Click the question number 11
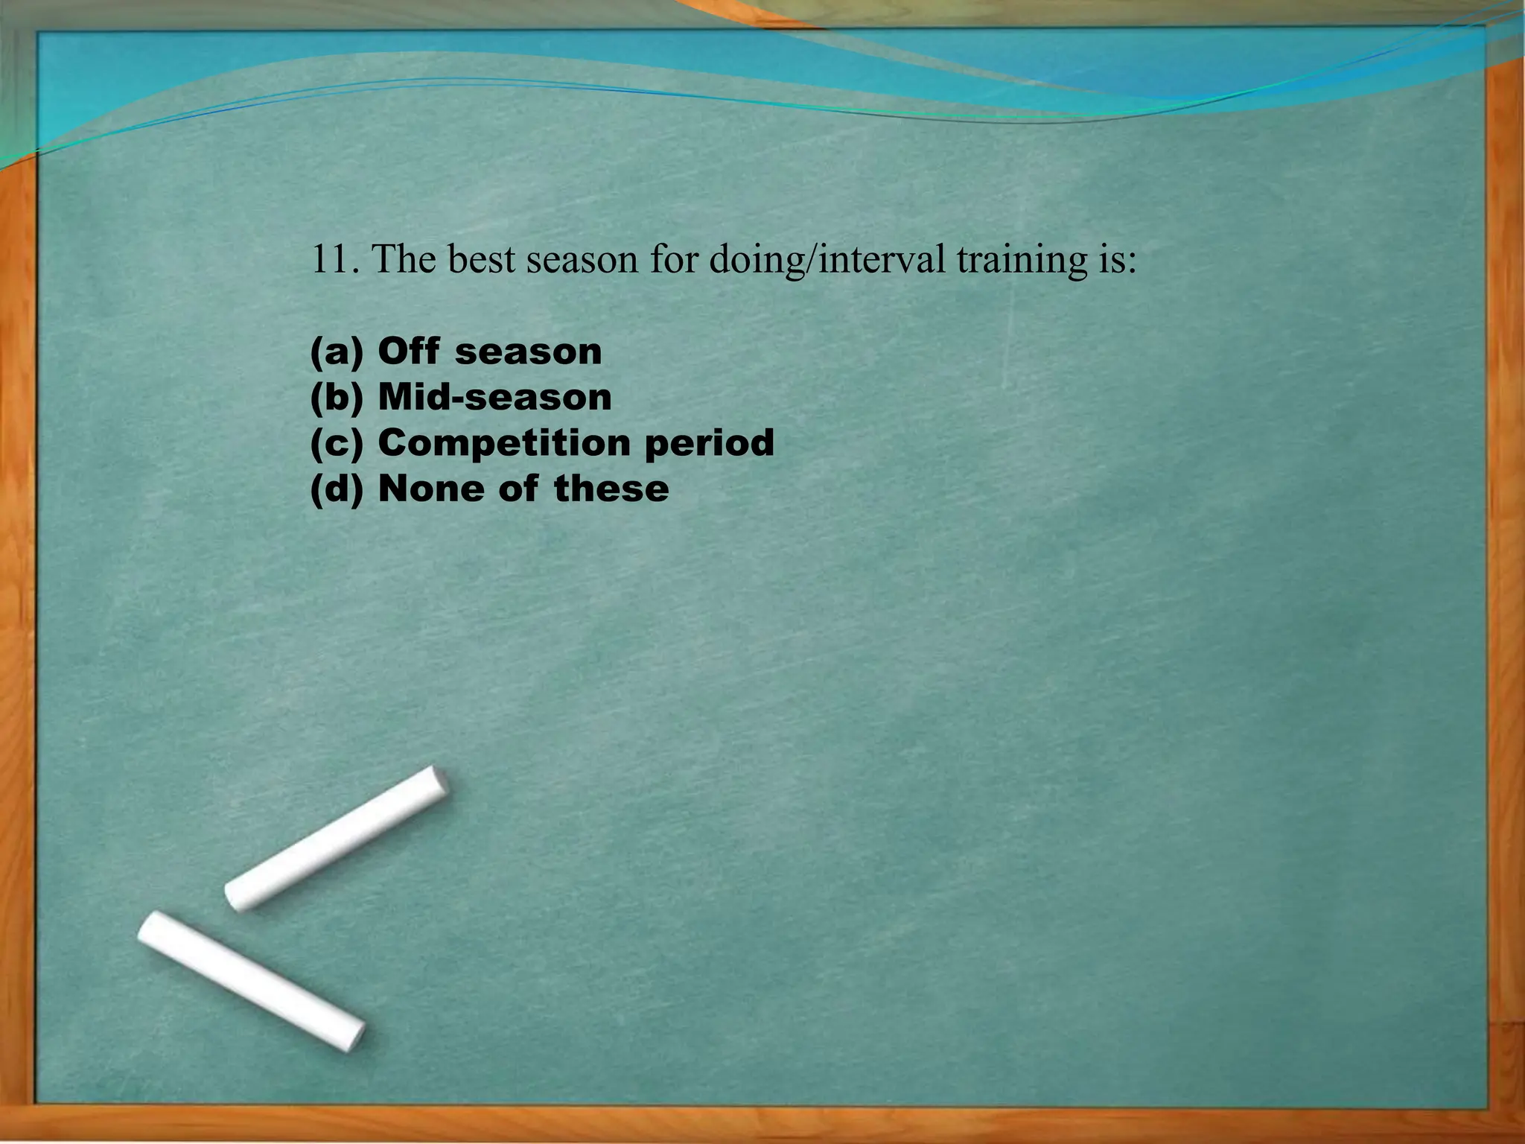tap(333, 259)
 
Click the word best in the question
tap(482, 259)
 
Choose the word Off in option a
tap(408, 351)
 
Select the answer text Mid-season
tap(494, 397)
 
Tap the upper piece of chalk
tap(337, 838)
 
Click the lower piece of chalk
tap(251, 980)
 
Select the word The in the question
tap(403, 259)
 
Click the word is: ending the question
tap(1117, 261)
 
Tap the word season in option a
tap(528, 352)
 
